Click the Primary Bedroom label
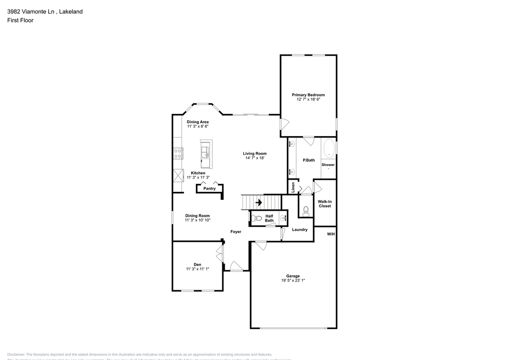click(308, 95)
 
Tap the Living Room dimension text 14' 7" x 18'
click(255, 158)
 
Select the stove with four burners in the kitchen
click(178, 153)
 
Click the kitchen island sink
click(206, 152)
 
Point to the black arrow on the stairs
click(259, 202)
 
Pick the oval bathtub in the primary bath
click(329, 149)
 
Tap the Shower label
click(328, 165)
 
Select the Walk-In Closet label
click(324, 204)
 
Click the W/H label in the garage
click(331, 234)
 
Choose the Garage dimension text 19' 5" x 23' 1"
click(293, 280)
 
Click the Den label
click(197, 265)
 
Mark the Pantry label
click(209, 189)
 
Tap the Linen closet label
click(293, 187)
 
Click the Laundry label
click(299, 230)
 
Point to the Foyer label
click(236, 232)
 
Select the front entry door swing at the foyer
click(236, 266)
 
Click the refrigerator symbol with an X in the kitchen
click(178, 175)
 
